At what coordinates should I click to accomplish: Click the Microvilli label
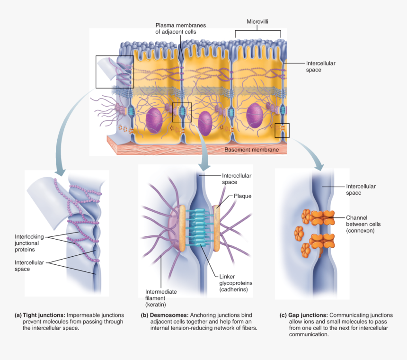click(257, 22)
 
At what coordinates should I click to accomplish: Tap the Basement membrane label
click(255, 150)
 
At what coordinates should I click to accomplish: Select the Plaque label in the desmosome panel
click(242, 196)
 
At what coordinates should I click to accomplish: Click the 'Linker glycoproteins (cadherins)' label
click(236, 283)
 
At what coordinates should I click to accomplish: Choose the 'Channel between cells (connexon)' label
click(363, 224)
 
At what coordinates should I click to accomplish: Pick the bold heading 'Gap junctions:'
click(308, 315)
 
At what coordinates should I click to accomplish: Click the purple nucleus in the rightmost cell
click(256, 116)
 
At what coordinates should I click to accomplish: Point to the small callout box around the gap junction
click(282, 130)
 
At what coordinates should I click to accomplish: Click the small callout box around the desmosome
click(182, 112)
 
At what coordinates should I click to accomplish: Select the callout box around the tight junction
click(115, 72)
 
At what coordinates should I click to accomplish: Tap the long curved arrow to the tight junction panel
click(66, 128)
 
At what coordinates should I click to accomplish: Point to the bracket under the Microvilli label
click(258, 31)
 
